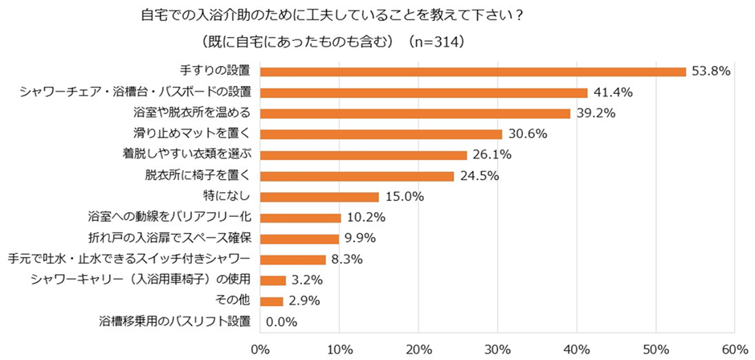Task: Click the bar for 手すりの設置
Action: coord(472,72)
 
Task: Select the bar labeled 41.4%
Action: coord(423,92)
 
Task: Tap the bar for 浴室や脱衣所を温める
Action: coord(414,113)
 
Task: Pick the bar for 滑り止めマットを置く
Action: coord(381,134)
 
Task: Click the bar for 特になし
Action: coord(319,197)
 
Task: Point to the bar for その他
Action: coord(271,301)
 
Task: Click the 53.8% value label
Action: coord(710,72)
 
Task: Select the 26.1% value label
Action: coord(490,155)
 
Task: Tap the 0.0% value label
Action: coord(281,322)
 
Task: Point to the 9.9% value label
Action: coord(361,239)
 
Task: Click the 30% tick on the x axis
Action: coord(497,350)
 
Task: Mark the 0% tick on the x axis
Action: coord(259,350)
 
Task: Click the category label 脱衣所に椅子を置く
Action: coord(198,175)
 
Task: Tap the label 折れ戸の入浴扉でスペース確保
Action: coord(170,238)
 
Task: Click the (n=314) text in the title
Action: coord(437,40)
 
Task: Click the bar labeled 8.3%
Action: coord(292,260)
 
